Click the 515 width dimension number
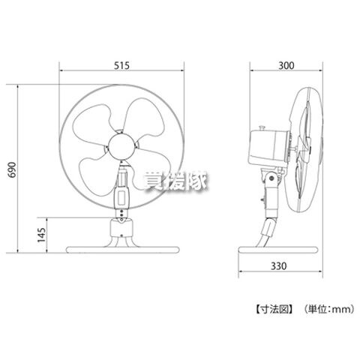tap(121, 65)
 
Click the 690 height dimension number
tap(12, 169)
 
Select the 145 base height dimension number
tap(41, 235)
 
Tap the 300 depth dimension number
tap(286, 65)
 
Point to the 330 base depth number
tap(278, 266)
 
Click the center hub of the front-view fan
tap(121, 147)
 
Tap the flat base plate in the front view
tap(122, 250)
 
